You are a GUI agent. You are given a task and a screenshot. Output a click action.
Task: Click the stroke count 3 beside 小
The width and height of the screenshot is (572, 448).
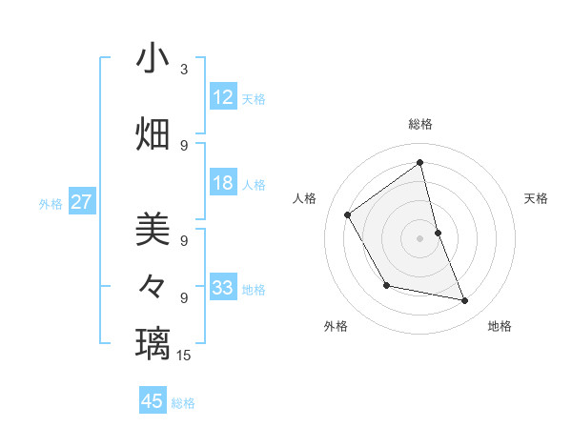tap(184, 70)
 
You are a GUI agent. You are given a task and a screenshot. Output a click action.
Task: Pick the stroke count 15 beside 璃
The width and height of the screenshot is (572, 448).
tap(184, 356)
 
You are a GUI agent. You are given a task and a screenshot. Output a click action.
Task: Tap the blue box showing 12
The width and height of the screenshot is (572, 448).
tap(223, 97)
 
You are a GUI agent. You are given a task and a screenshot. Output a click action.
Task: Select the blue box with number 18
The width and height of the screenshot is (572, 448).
tap(223, 183)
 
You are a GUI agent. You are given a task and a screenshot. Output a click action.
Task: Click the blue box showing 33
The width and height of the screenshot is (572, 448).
tap(223, 288)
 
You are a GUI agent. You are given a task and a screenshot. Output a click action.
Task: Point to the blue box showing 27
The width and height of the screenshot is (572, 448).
tap(82, 202)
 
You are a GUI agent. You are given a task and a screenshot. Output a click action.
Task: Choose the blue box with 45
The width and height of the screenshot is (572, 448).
tap(153, 401)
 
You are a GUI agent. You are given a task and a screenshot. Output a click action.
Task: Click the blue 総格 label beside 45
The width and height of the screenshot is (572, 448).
tap(183, 403)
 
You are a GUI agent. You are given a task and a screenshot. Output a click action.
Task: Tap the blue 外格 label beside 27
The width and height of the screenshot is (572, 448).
tap(51, 204)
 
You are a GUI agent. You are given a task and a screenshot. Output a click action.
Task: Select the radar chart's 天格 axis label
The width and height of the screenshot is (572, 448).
tap(537, 198)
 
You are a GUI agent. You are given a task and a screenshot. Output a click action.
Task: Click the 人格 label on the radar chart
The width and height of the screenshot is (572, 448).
tap(305, 198)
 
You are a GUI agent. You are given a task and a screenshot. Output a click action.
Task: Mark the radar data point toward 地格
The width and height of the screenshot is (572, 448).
tap(465, 301)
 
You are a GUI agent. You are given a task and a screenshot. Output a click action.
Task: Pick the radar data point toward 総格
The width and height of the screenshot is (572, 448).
tap(420, 162)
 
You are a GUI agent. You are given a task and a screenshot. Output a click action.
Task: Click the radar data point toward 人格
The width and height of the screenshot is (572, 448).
tap(348, 214)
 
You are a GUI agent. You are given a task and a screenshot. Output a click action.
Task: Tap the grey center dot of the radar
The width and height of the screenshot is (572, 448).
tap(420, 237)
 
